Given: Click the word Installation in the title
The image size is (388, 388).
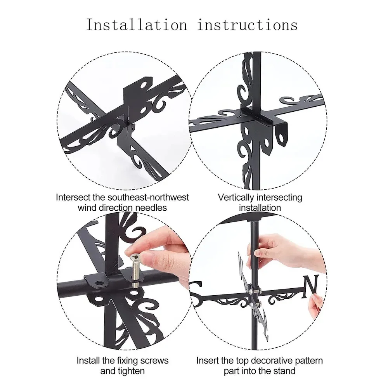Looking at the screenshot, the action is point(136,25).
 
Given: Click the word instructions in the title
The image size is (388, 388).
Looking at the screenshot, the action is point(247,25).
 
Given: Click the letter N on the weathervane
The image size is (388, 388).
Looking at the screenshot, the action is point(311,287).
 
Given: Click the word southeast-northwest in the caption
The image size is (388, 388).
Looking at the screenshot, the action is point(148,197).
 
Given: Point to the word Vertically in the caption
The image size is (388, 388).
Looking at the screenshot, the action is point(236,197).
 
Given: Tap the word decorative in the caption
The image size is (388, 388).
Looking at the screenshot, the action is point(271,360).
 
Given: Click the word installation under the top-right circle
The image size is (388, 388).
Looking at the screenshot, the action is point(260,208).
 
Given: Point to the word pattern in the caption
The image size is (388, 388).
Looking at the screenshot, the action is point(308,361).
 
